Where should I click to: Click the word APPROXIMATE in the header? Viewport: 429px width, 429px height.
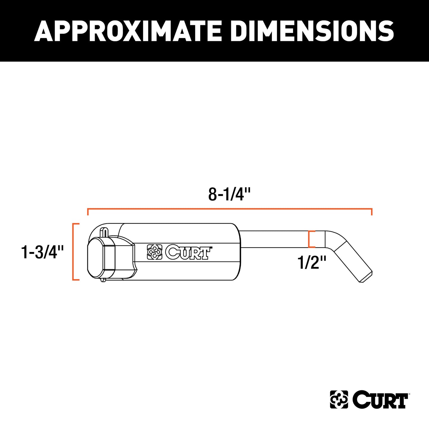[x=128, y=31]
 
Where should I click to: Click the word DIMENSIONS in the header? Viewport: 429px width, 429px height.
[x=312, y=31]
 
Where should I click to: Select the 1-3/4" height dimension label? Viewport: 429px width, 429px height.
[x=42, y=252]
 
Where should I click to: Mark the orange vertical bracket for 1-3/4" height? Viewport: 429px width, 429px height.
[x=74, y=251]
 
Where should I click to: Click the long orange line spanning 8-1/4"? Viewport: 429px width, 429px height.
[x=229, y=209]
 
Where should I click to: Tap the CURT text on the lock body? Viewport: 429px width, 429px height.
[x=188, y=252]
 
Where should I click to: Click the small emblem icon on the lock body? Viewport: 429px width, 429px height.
[x=155, y=252]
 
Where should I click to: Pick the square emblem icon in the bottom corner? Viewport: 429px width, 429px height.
[x=339, y=400]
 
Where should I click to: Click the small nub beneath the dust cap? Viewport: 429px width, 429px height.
[x=103, y=280]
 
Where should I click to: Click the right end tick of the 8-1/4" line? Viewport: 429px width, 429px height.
[x=372, y=212]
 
